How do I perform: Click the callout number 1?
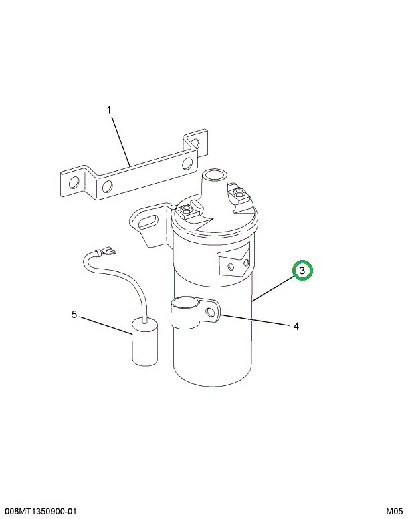tap(109, 110)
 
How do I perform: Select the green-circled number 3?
tap(302, 271)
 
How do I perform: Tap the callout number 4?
tap(296, 327)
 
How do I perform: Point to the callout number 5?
tap(74, 314)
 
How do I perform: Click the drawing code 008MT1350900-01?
tap(40, 512)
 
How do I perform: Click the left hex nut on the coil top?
tap(185, 210)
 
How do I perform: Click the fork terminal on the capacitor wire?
tap(106, 252)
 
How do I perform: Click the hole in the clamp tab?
tap(210, 312)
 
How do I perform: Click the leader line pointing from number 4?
tap(255, 319)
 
